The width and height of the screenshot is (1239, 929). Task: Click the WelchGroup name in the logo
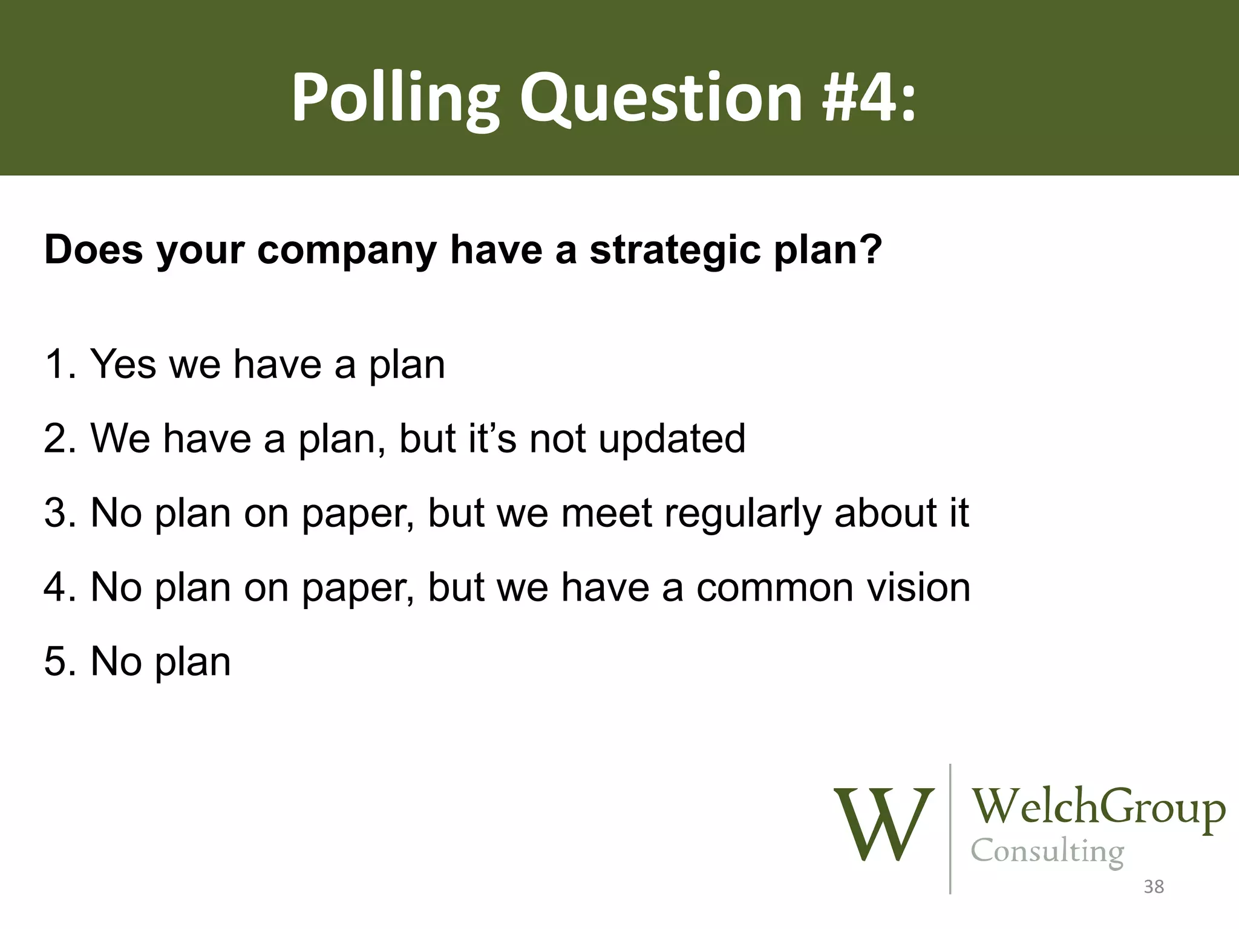(x=1097, y=808)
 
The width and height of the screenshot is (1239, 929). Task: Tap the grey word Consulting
(x=1047, y=852)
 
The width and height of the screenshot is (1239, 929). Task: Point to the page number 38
(x=1154, y=887)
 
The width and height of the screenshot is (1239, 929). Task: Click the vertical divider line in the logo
(x=950, y=829)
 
